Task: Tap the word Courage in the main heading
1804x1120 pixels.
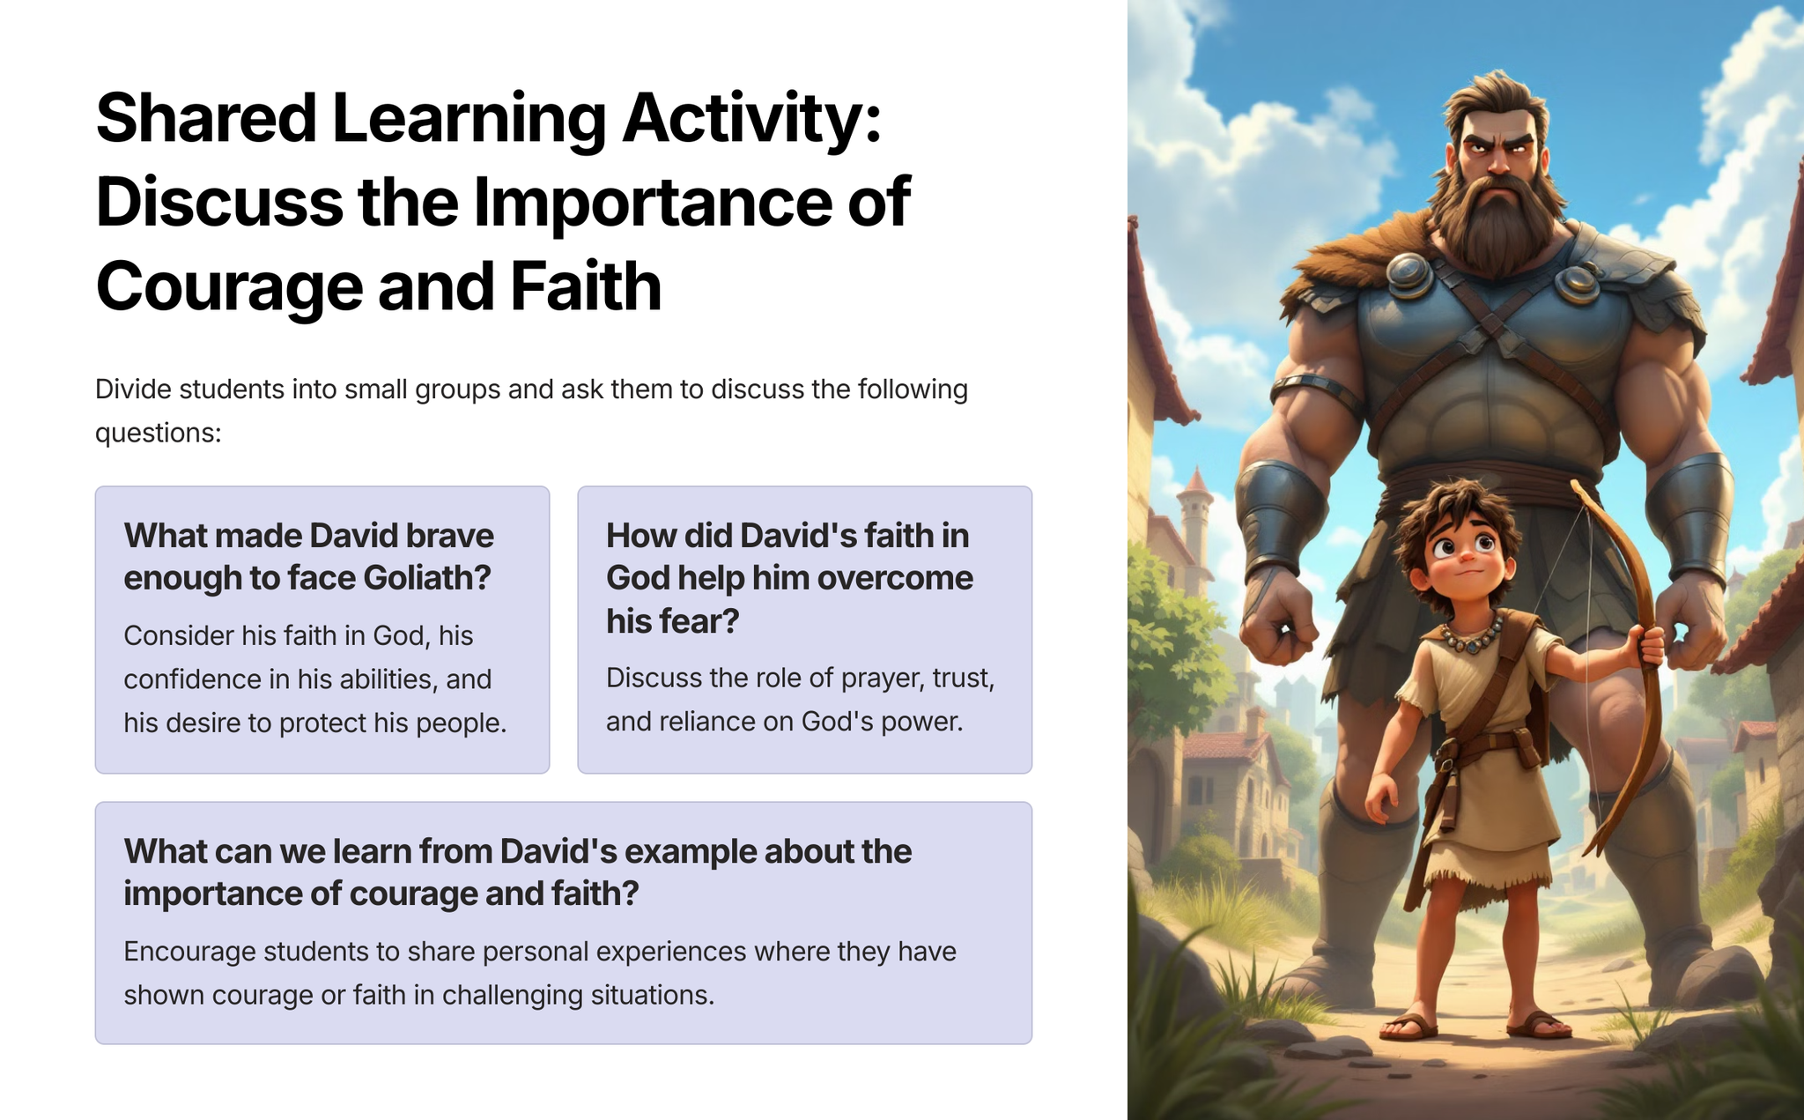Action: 229,288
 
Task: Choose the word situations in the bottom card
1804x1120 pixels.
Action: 651,996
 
